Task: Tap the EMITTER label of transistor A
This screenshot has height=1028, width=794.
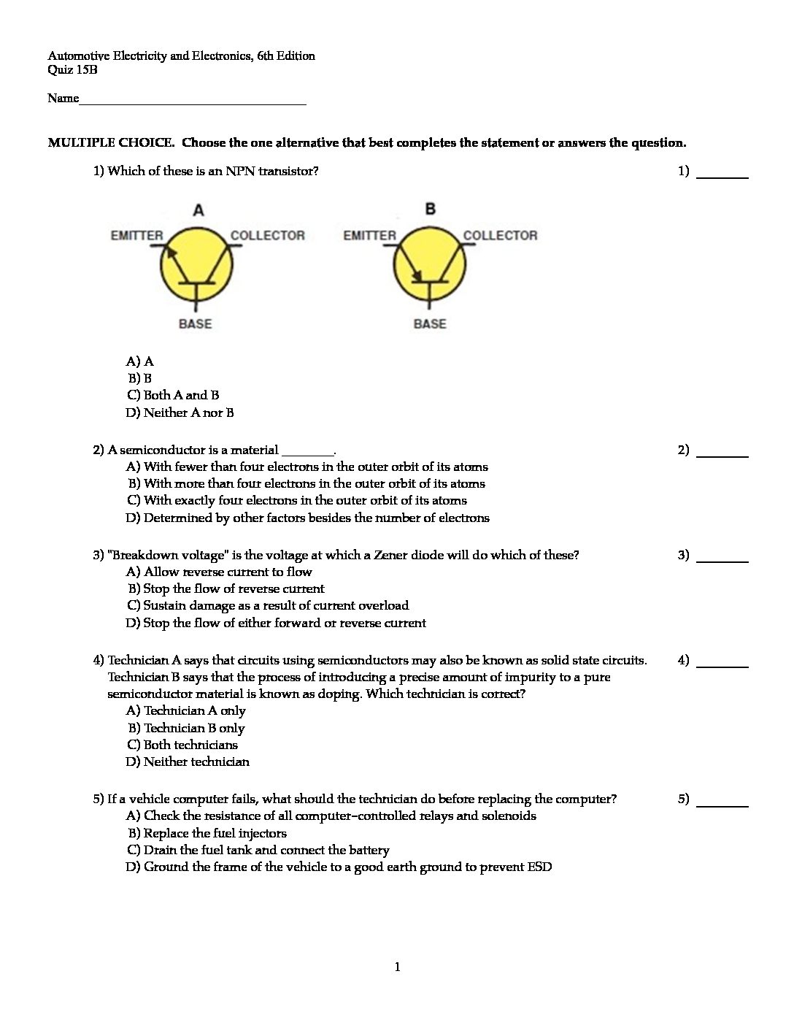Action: pyautogui.click(x=136, y=235)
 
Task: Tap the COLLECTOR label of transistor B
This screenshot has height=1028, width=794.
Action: pyautogui.click(x=500, y=235)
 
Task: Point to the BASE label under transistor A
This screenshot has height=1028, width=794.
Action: pyautogui.click(x=195, y=323)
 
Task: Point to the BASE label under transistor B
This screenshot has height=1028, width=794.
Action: pyautogui.click(x=430, y=323)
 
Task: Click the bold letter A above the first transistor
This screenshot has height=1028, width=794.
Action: pyautogui.click(x=198, y=211)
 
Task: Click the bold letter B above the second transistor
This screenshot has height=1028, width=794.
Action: pyautogui.click(x=431, y=210)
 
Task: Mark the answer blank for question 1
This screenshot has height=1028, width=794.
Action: pyautogui.click(x=722, y=173)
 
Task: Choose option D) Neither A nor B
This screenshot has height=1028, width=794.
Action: pyautogui.click(x=180, y=413)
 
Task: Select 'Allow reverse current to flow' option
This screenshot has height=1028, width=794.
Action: pyautogui.click(x=219, y=572)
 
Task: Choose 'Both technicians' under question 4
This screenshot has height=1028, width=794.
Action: pyautogui.click(x=182, y=745)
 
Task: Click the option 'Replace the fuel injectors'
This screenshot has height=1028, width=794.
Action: pyautogui.click(x=207, y=833)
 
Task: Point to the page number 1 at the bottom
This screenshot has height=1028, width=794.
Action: pyautogui.click(x=397, y=967)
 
